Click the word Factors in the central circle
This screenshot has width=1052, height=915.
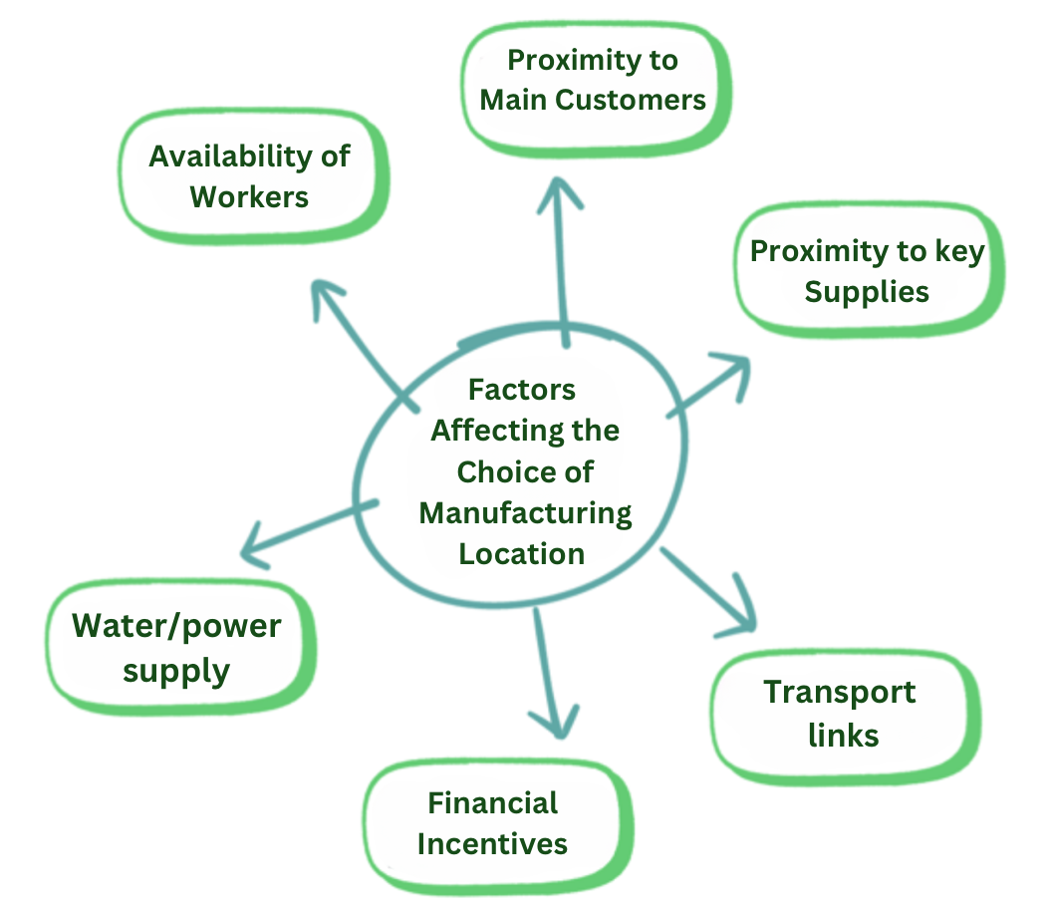522,390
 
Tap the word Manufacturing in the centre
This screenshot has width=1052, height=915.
526,513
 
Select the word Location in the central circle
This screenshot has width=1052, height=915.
521,554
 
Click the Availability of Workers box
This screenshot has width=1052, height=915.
250,176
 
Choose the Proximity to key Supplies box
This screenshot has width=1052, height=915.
867,271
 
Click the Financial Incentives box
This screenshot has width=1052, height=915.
493,823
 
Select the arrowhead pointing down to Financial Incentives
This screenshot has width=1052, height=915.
552,722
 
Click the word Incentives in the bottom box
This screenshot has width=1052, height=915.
492,844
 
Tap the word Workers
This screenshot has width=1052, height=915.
250,196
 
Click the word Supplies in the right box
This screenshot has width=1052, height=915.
867,292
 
